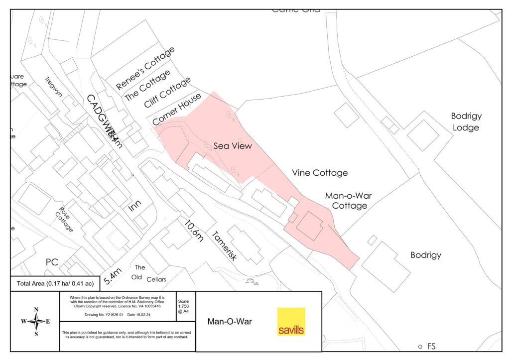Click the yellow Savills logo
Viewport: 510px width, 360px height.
tap(291, 322)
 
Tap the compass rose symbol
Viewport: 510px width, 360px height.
tap(35, 322)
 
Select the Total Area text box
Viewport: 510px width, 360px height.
tap(55, 284)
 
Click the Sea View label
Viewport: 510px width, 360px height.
tap(233, 146)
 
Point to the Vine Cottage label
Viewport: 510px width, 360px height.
tap(319, 173)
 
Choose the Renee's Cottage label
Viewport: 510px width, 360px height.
tap(145, 68)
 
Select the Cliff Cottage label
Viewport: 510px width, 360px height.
tap(167, 93)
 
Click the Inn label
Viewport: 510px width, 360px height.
tap(135, 206)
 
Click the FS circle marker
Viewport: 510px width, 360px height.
tap(420, 347)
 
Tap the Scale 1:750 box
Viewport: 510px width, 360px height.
tap(183, 306)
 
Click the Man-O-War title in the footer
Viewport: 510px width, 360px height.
tap(230, 322)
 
